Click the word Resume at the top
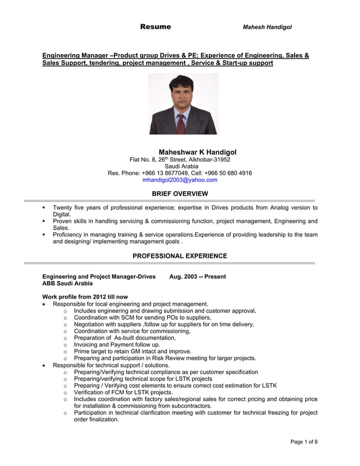[x=155, y=27]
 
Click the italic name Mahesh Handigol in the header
[x=267, y=27]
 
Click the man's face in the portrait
[x=181, y=96]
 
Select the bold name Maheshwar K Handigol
[x=197, y=152]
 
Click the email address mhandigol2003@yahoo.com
[x=179, y=180]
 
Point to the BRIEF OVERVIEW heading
[x=180, y=194]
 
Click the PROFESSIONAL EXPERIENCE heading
[x=179, y=256]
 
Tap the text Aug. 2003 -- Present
[x=197, y=276]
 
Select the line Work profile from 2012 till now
[x=85, y=297]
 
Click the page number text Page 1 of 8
[x=304, y=441]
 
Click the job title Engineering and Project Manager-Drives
[x=99, y=276]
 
